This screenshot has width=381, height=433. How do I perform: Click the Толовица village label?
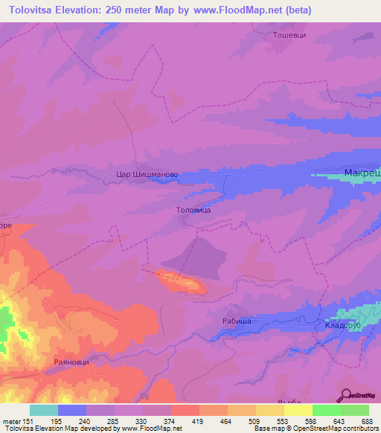click(193, 211)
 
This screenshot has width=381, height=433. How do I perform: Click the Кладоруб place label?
click(342, 326)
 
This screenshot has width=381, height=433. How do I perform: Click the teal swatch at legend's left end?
click(43, 410)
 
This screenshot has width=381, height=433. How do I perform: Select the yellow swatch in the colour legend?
click(298, 410)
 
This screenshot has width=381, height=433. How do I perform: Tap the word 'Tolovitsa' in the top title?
click(33, 10)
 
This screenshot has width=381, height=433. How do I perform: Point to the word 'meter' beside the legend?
click(13, 420)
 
